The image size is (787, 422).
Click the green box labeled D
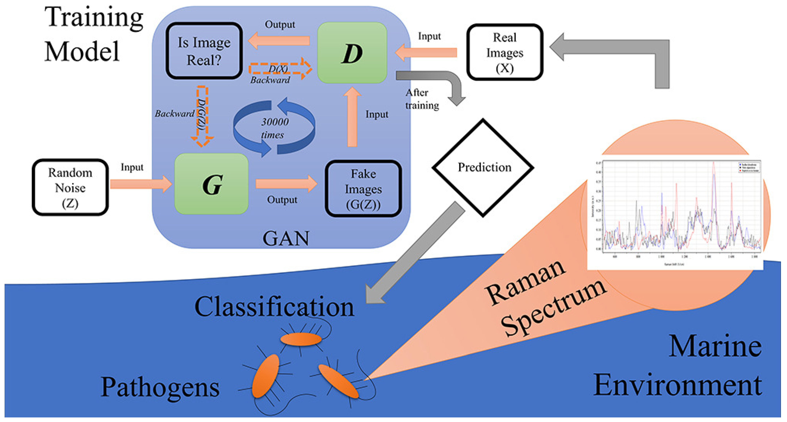pos(352,53)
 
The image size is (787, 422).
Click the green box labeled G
pos(211,184)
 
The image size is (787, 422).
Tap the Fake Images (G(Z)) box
pos(363,189)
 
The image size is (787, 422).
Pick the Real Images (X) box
pos(504,52)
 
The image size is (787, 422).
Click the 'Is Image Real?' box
pos(204,51)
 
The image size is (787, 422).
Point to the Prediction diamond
pos(483,167)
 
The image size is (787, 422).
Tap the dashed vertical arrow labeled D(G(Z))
pos(202,116)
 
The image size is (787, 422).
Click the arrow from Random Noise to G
pos(141,184)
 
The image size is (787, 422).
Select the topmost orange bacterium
pos(301,339)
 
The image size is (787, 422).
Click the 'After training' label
pos(422,99)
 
